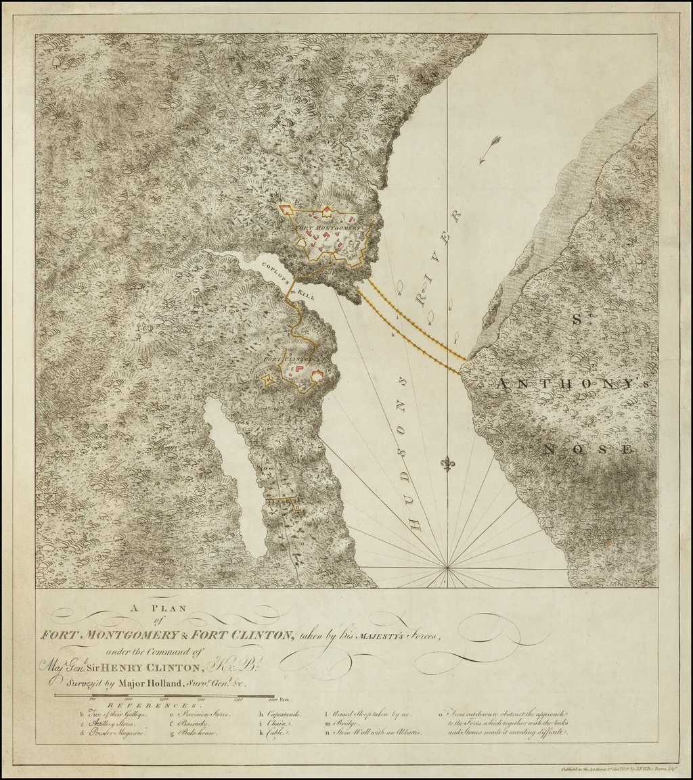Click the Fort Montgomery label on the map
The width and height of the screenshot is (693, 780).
pos(330,229)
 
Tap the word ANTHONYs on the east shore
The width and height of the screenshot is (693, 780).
pos(577,384)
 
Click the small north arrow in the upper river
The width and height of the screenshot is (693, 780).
pos(489,149)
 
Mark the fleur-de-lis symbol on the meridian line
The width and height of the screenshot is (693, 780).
pos(447,464)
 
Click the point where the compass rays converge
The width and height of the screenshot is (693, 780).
pos(447,567)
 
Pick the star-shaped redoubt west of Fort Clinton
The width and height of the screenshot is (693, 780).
pos(267,380)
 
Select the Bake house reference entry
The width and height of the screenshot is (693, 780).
pos(197,733)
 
